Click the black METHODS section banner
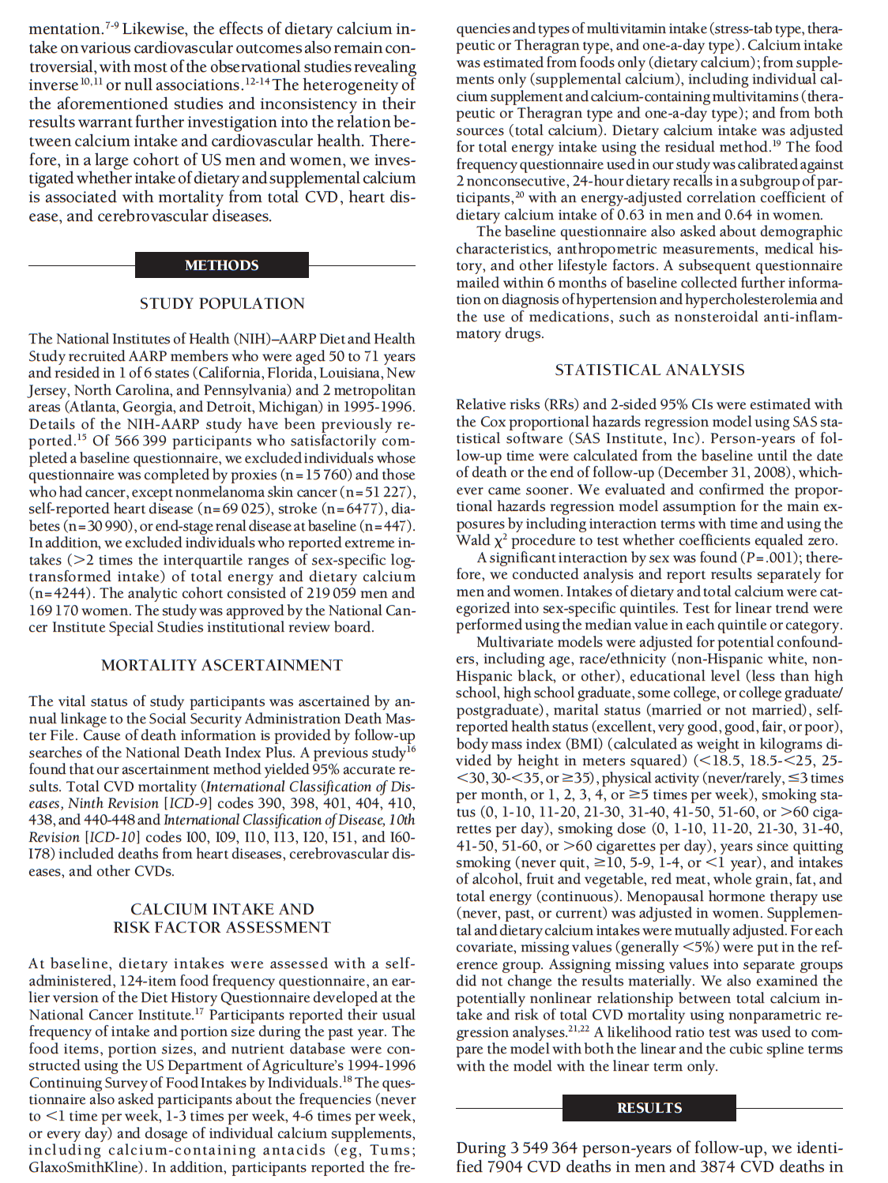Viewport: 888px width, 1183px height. tap(222, 265)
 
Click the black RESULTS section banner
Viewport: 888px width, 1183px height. tap(649, 1108)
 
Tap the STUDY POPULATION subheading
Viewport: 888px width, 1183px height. tap(222, 303)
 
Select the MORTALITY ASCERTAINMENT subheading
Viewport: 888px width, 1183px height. tap(222, 665)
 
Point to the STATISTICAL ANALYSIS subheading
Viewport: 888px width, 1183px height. tap(649, 370)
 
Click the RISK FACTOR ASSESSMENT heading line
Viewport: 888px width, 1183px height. tap(222, 927)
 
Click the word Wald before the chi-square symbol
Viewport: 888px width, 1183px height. tap(472, 540)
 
